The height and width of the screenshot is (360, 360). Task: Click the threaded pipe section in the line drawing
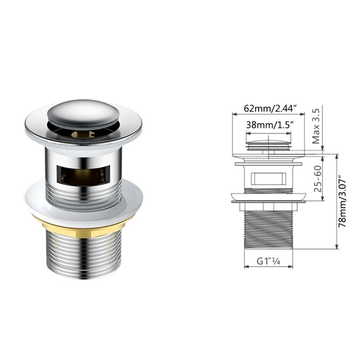(x=268, y=229)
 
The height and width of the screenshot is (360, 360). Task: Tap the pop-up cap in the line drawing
(x=268, y=144)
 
